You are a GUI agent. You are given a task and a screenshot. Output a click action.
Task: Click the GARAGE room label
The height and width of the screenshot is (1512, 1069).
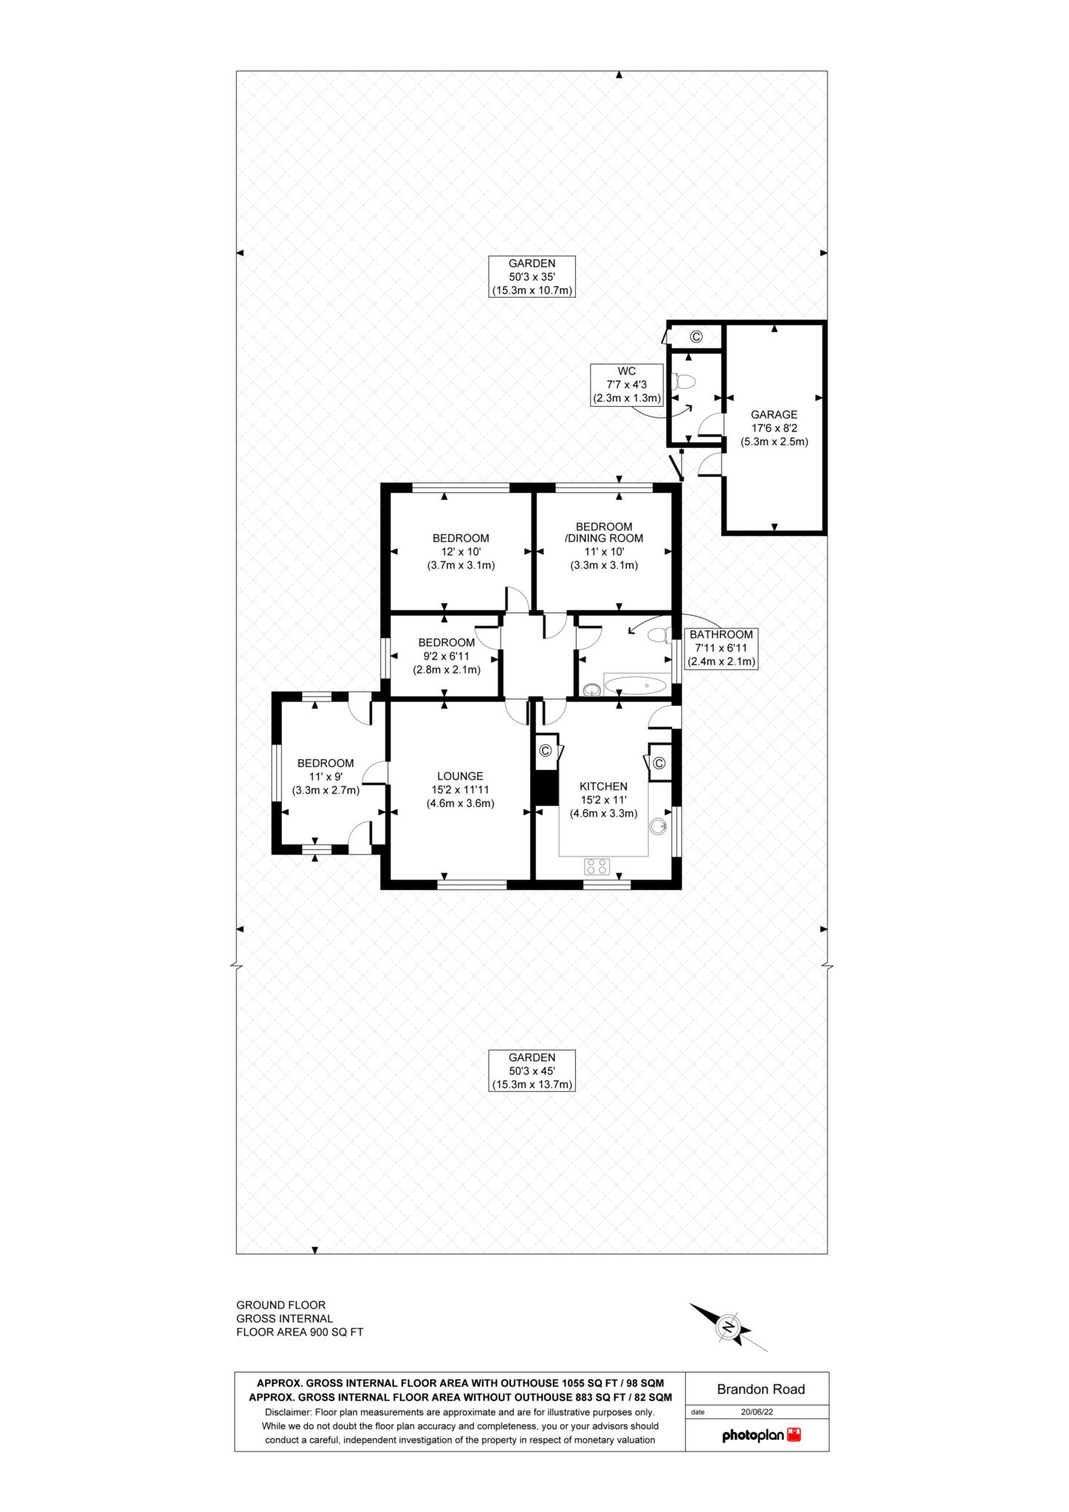(774, 415)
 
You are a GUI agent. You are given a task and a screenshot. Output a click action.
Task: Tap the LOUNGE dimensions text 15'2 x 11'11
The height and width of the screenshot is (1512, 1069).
(460, 790)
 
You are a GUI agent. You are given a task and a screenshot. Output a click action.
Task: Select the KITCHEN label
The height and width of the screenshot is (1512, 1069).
(603, 786)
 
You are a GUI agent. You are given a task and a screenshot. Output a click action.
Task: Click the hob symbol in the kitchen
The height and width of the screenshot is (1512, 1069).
(597, 865)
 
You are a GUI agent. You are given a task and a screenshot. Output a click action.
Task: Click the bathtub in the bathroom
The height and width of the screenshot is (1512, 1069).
(635, 685)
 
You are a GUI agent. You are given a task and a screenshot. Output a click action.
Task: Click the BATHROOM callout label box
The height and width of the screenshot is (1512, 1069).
(721, 648)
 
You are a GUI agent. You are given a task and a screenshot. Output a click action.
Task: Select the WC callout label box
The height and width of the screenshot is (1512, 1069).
(626, 385)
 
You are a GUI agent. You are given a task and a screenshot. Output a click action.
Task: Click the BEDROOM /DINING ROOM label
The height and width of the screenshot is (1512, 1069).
(603, 532)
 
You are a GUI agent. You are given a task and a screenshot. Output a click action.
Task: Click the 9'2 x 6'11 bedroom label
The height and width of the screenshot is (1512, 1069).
(446, 656)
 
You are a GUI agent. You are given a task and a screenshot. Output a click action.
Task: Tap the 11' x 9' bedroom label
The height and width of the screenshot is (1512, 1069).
(325, 776)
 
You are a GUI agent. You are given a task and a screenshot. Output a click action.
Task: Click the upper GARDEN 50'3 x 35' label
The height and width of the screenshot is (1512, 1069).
(532, 276)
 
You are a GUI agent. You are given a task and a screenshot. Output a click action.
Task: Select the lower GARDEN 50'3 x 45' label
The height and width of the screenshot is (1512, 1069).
(532, 1071)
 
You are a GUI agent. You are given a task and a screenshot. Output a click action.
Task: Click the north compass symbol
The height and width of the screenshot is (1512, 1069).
(729, 1327)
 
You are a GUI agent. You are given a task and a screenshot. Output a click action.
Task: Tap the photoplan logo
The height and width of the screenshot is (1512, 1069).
(760, 1435)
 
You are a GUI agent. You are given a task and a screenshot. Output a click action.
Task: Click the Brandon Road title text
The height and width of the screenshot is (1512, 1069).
(760, 1389)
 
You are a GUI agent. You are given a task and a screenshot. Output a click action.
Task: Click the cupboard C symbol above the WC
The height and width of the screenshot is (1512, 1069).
(695, 337)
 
